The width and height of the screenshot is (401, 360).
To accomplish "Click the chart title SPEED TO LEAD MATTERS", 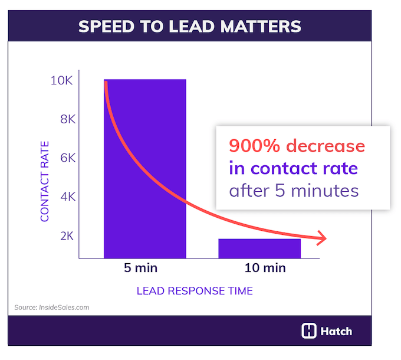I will [x=190, y=26].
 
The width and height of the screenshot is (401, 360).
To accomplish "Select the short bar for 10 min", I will [x=259, y=248].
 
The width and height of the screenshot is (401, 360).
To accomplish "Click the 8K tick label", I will [x=64, y=119].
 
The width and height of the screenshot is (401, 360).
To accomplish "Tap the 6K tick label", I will [x=64, y=158].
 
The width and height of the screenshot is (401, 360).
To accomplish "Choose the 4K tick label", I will [x=64, y=197].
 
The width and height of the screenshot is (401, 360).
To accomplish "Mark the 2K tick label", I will [x=64, y=235].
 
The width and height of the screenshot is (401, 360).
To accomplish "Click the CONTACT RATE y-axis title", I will [x=45, y=181].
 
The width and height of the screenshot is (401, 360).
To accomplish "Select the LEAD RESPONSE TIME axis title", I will [x=195, y=291].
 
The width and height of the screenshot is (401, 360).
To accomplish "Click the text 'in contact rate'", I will [x=293, y=168].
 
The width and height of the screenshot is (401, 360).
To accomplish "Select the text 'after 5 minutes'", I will [x=293, y=191].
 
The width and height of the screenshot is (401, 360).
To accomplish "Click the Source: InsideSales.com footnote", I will [x=52, y=307].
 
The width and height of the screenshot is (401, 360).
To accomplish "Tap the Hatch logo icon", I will [x=309, y=331].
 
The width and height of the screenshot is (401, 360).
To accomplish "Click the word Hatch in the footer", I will [x=336, y=331].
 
